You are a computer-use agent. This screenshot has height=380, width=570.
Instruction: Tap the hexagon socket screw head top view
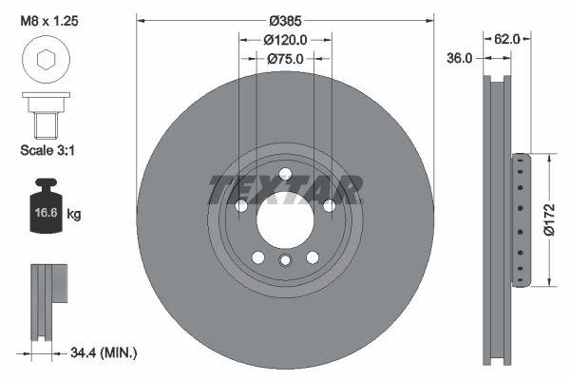coord(44,61)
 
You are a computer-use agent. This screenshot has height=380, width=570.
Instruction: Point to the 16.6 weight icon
coord(42,210)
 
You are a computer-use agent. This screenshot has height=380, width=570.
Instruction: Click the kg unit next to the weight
coord(74,215)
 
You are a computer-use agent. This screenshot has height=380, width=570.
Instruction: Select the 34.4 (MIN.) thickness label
coord(104,352)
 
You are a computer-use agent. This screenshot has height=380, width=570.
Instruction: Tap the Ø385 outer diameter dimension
coord(285,20)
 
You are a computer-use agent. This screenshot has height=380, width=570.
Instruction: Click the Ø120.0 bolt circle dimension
coord(285,40)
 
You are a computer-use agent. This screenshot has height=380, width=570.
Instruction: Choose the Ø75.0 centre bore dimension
coord(285,59)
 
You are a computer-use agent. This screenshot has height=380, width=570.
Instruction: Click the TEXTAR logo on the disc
coord(285,189)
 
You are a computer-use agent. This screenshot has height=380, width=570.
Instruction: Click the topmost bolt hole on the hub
coord(285,172)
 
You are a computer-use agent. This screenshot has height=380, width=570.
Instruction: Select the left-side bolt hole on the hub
coord(241,206)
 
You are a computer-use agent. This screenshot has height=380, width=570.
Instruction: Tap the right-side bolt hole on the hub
coord(329,206)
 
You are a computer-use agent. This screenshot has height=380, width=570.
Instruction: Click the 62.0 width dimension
coord(507,40)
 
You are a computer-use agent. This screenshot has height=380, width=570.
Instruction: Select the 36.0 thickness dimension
coord(460,59)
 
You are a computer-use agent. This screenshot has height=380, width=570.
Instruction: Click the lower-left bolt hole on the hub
coord(258,256)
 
